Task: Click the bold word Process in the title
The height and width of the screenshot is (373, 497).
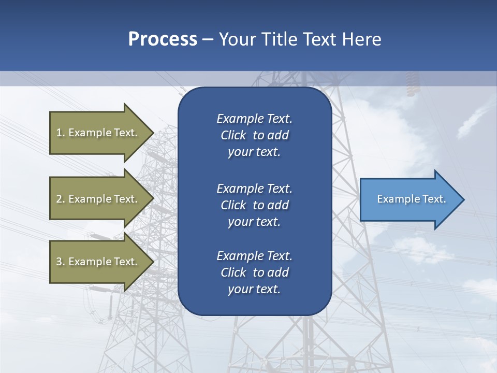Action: click(x=163, y=39)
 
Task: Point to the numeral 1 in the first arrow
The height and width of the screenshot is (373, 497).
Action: click(x=59, y=133)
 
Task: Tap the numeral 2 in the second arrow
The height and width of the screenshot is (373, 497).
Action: click(x=59, y=199)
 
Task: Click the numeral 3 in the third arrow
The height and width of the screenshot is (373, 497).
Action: click(x=59, y=262)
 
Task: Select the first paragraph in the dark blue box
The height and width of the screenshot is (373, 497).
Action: click(x=254, y=135)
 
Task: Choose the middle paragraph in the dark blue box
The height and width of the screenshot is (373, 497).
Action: click(x=254, y=205)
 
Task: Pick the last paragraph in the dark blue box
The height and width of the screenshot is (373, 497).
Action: click(x=254, y=272)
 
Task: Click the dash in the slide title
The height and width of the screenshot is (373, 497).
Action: click(x=208, y=39)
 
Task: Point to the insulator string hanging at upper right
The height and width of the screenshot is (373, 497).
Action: click(x=413, y=86)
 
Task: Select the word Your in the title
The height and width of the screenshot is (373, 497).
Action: click(x=237, y=39)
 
